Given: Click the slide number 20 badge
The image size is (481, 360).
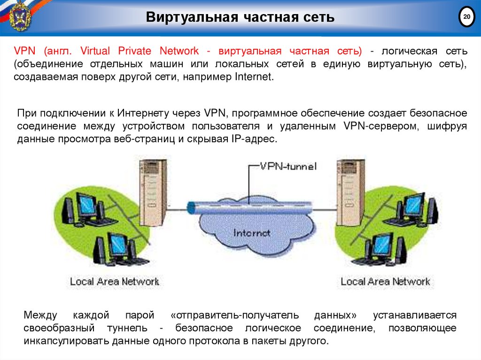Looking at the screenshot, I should (466, 18).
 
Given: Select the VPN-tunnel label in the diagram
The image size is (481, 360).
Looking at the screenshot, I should (288, 166).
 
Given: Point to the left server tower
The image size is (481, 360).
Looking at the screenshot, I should (153, 192).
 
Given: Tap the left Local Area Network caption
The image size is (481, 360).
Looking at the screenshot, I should (115, 282).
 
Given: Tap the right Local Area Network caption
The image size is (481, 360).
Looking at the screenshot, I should (385, 282).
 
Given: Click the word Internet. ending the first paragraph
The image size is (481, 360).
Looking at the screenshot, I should (253, 77).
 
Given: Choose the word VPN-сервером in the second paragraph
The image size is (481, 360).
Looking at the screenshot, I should (375, 127).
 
